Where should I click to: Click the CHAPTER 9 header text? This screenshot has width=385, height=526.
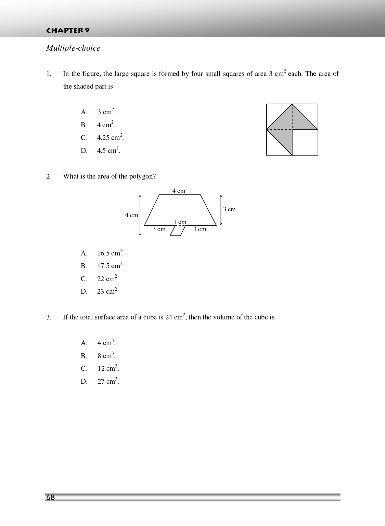click(x=68, y=30)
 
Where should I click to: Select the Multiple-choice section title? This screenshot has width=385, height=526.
click(x=73, y=48)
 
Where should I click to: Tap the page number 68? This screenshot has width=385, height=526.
click(x=51, y=498)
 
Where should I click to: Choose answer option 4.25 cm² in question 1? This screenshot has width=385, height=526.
click(x=110, y=137)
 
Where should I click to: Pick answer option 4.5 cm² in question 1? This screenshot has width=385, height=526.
click(x=108, y=150)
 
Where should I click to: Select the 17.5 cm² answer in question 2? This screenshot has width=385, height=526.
click(x=110, y=266)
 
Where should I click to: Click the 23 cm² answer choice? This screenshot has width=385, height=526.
click(x=107, y=291)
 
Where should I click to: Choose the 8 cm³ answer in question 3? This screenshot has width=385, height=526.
click(x=106, y=356)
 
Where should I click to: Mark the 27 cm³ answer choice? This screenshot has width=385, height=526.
click(x=108, y=381)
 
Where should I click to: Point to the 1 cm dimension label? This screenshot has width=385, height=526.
click(x=180, y=222)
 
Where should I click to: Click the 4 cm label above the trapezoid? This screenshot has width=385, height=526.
click(x=179, y=191)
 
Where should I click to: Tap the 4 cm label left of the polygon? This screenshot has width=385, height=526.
click(x=131, y=215)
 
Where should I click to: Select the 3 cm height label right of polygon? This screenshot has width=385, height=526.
click(x=229, y=209)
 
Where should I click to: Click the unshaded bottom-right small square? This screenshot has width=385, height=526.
click(x=305, y=142)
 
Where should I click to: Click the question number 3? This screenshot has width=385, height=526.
click(x=49, y=317)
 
